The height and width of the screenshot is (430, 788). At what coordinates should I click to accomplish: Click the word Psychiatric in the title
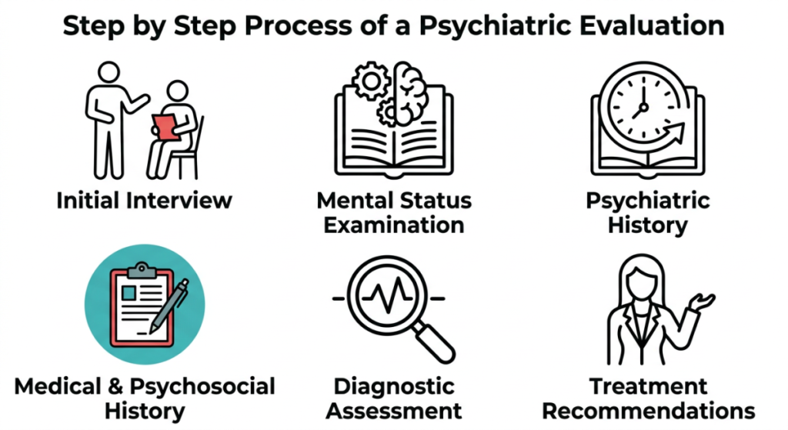[495, 25]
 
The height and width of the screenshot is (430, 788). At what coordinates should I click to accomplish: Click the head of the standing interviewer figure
[109, 72]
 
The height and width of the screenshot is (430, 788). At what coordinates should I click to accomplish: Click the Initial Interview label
[144, 200]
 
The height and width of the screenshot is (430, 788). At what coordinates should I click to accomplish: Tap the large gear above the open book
[371, 80]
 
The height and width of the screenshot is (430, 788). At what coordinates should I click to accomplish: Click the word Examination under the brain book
[394, 225]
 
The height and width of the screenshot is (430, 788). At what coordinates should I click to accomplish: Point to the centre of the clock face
[643, 107]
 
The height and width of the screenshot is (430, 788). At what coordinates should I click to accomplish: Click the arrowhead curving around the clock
[676, 132]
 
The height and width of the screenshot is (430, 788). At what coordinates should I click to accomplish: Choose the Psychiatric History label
[648, 212]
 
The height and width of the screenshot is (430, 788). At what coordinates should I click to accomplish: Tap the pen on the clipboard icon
[169, 306]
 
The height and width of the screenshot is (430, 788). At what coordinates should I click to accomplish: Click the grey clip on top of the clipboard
[142, 271]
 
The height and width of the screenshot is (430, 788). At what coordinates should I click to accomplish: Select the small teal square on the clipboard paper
[129, 293]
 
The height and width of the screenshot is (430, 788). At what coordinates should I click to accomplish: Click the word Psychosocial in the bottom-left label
[202, 387]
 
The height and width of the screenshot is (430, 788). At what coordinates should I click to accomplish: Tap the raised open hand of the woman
[702, 302]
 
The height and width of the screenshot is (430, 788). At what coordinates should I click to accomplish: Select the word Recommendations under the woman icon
[648, 411]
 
